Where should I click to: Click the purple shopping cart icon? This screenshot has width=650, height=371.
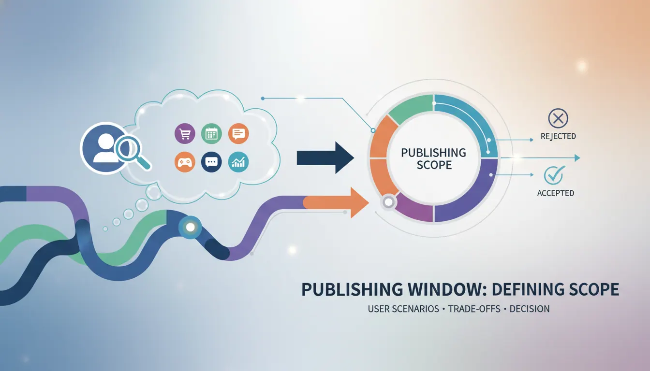(x=185, y=134)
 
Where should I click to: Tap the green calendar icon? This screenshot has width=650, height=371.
(x=211, y=134)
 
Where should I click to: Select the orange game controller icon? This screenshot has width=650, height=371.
(x=185, y=162)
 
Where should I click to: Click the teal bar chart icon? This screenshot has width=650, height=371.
(x=238, y=162)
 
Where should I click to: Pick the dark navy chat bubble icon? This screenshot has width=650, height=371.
(x=211, y=162)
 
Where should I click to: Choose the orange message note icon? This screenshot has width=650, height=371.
(x=238, y=134)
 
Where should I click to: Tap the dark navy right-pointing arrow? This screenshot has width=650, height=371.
(x=325, y=157)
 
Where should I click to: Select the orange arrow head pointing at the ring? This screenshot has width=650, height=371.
(x=359, y=202)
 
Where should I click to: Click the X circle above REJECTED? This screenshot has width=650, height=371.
(x=558, y=118)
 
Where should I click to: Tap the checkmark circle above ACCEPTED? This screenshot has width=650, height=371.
(x=554, y=175)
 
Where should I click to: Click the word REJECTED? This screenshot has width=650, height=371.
(x=558, y=136)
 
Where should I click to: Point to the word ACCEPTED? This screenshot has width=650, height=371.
(x=555, y=193)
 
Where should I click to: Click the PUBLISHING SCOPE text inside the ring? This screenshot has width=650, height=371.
(x=434, y=158)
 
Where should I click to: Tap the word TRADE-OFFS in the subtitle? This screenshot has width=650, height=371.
(x=474, y=309)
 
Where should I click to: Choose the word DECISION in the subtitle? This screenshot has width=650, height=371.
(x=530, y=309)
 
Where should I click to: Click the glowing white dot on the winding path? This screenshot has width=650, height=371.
(x=191, y=227)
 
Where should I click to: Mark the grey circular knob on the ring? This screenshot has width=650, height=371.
(x=388, y=202)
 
